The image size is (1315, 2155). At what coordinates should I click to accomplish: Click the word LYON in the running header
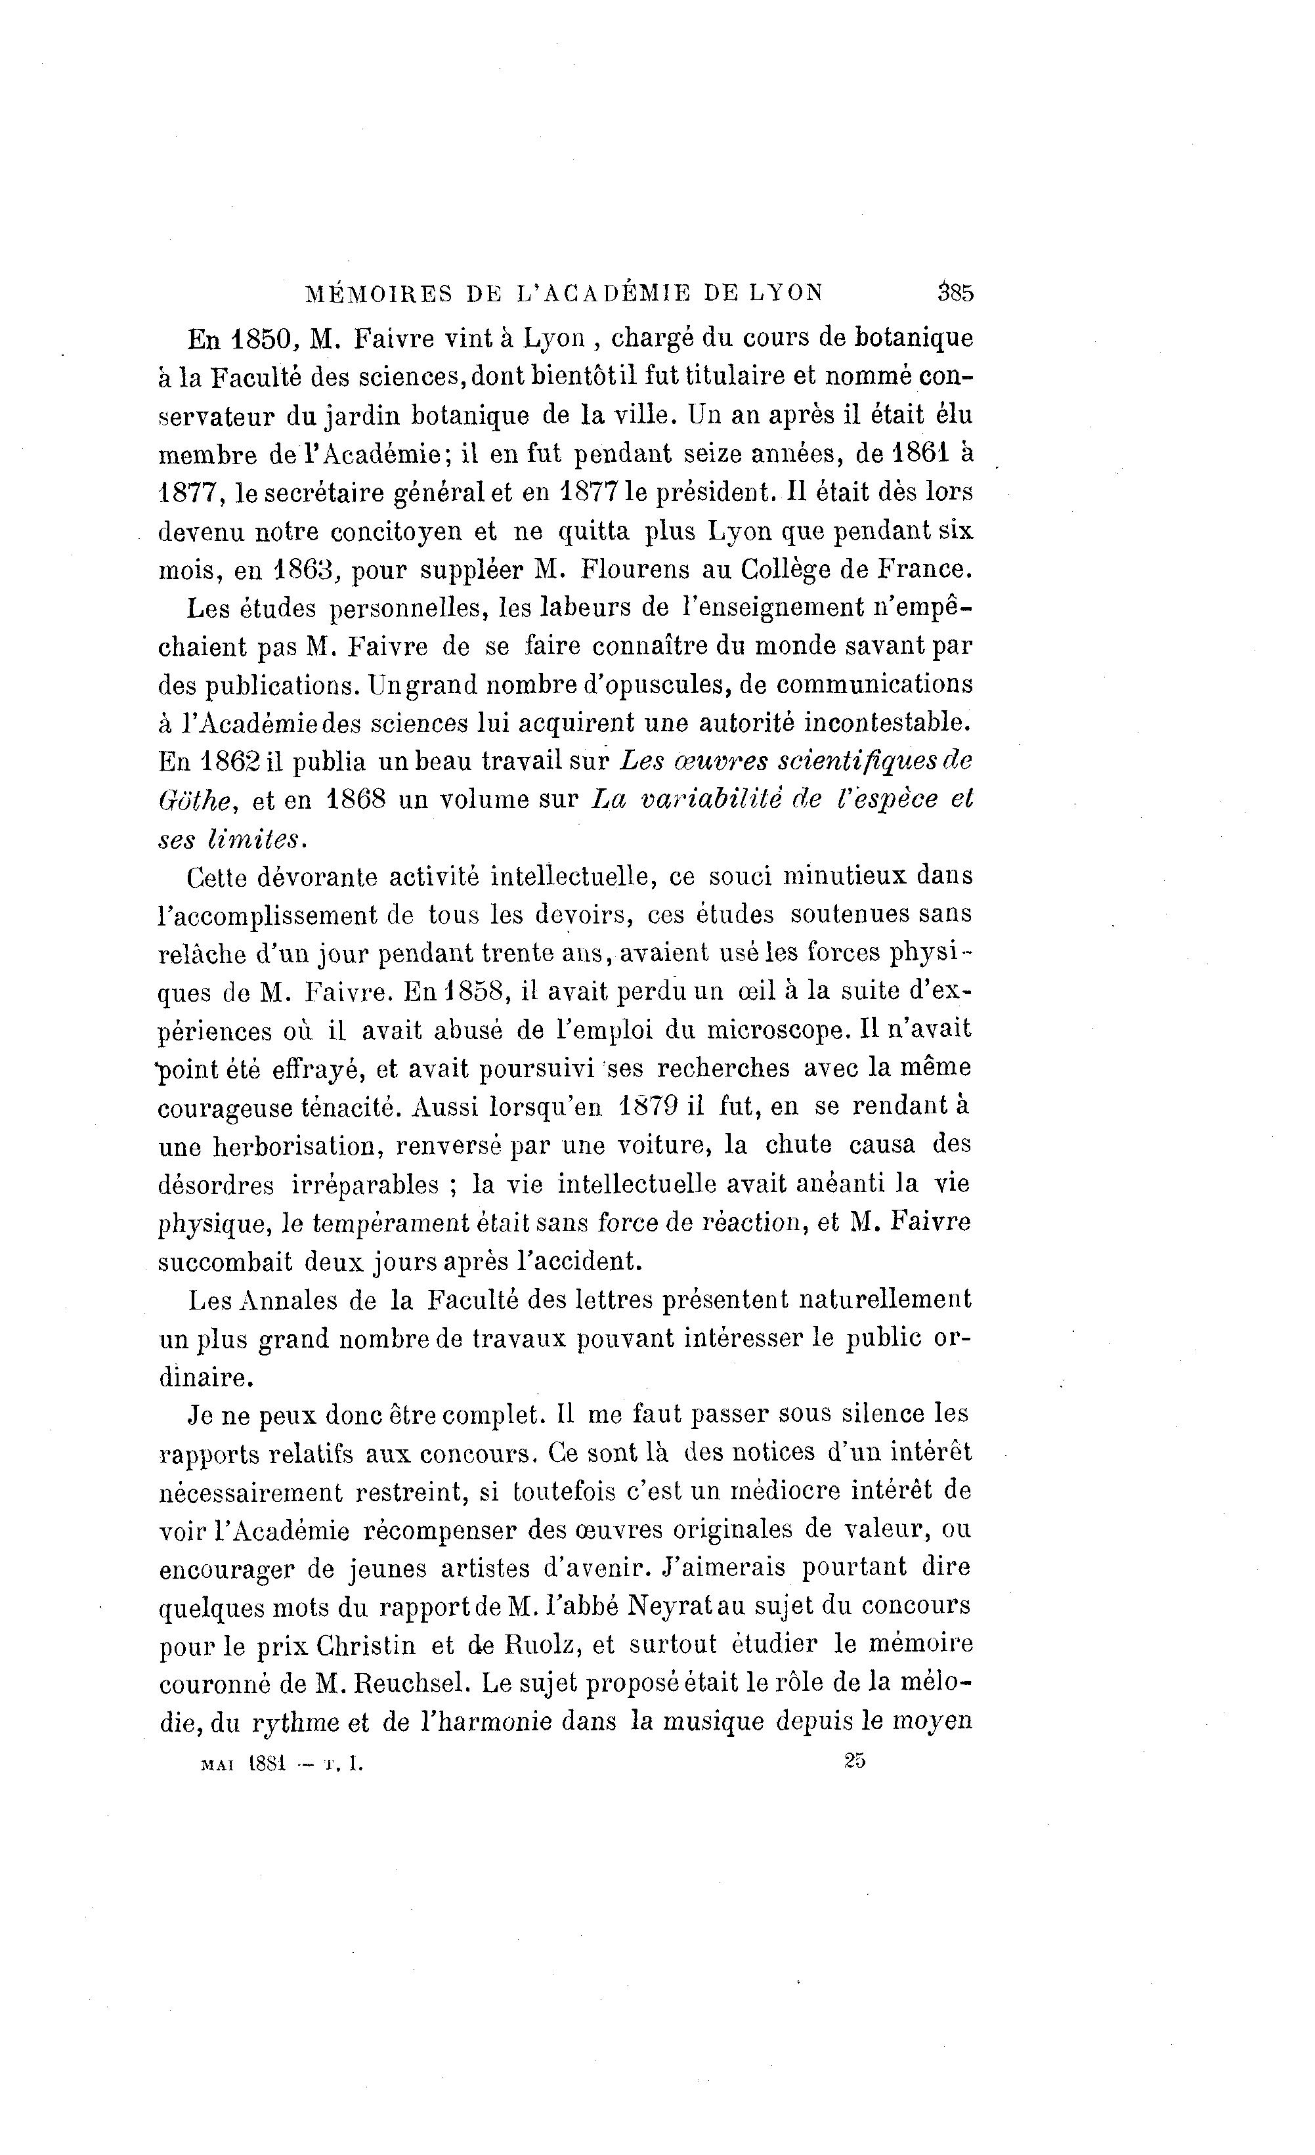coord(787,293)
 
